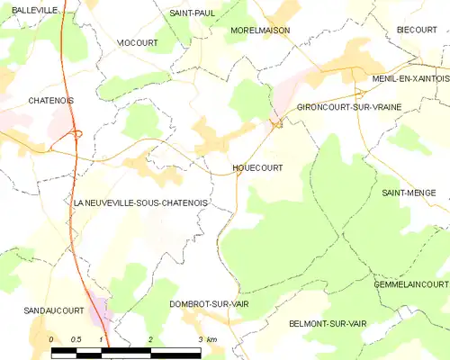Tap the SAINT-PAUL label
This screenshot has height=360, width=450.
tap(193, 13)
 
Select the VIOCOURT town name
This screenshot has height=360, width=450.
tap(139, 42)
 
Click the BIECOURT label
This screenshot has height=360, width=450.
tap(417, 30)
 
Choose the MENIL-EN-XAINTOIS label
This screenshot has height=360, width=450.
tap(409, 79)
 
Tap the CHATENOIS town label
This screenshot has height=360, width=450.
tap(50, 101)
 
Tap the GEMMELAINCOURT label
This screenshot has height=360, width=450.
tap(410, 284)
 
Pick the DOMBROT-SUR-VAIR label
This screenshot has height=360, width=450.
tap(209, 304)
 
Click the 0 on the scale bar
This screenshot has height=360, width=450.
tap(52, 339)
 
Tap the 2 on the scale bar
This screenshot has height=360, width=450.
tap(150, 339)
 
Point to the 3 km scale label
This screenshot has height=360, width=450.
tap(206, 339)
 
